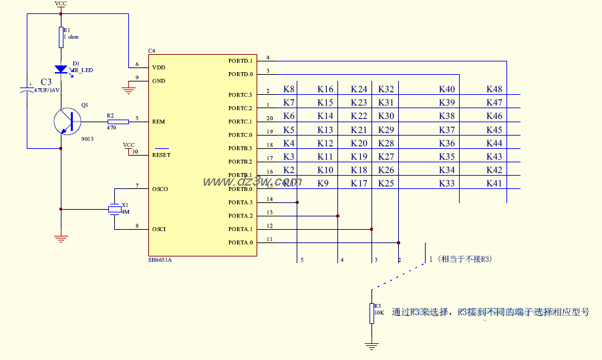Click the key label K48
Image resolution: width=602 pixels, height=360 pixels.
[494, 89]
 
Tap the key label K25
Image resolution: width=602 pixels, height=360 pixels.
[386, 183]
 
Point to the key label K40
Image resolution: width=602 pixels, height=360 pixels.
[447, 89]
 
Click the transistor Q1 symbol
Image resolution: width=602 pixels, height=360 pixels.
[67, 122]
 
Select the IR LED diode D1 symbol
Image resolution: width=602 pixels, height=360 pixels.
[61, 69]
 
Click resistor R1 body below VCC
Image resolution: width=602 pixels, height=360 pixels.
[61, 37]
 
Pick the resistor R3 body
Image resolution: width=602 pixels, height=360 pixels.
[371, 313]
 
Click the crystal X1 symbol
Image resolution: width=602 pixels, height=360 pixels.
[115, 210]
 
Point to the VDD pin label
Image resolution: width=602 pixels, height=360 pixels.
[158, 67]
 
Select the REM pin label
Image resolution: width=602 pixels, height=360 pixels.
[158, 122]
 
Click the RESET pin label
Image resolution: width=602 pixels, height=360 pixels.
[161, 155]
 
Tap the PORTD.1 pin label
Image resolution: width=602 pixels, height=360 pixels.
[241, 61]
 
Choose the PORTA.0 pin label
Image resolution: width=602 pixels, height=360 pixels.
[241, 242]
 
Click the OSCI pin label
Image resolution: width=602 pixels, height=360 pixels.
[159, 229]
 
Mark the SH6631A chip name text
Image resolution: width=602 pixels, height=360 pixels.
[160, 260]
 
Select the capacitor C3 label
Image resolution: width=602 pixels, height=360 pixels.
[46, 81]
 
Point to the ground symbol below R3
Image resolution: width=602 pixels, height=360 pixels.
[371, 345]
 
